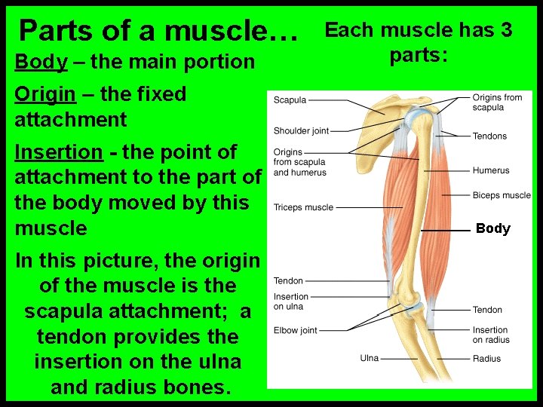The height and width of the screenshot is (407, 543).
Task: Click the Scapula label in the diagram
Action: pos(290,100)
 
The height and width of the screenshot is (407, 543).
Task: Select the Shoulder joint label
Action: pos(301,131)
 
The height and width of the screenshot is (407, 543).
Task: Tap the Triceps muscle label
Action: pos(303,207)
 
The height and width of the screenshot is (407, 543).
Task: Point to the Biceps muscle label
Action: pos(502,195)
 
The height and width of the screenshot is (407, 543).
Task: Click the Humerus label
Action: pos(491,171)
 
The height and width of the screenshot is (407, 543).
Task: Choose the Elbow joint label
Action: pos(296,330)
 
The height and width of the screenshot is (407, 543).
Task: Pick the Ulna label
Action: pos(369,358)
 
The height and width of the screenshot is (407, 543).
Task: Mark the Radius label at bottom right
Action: pos(486,359)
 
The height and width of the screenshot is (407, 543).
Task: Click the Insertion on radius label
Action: pos(490,335)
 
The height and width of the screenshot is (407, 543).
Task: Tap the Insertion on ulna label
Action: pos(291,301)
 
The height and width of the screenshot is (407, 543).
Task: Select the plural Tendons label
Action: pos(489,136)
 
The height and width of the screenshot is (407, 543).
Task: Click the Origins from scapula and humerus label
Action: pos(299,162)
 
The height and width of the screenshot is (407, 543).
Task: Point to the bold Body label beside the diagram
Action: pos(493,228)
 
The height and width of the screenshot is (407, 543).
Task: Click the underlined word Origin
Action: pos(45,94)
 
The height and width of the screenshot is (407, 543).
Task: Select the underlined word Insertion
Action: pos(59,151)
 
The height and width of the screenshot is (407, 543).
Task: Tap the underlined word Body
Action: pos(40,62)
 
